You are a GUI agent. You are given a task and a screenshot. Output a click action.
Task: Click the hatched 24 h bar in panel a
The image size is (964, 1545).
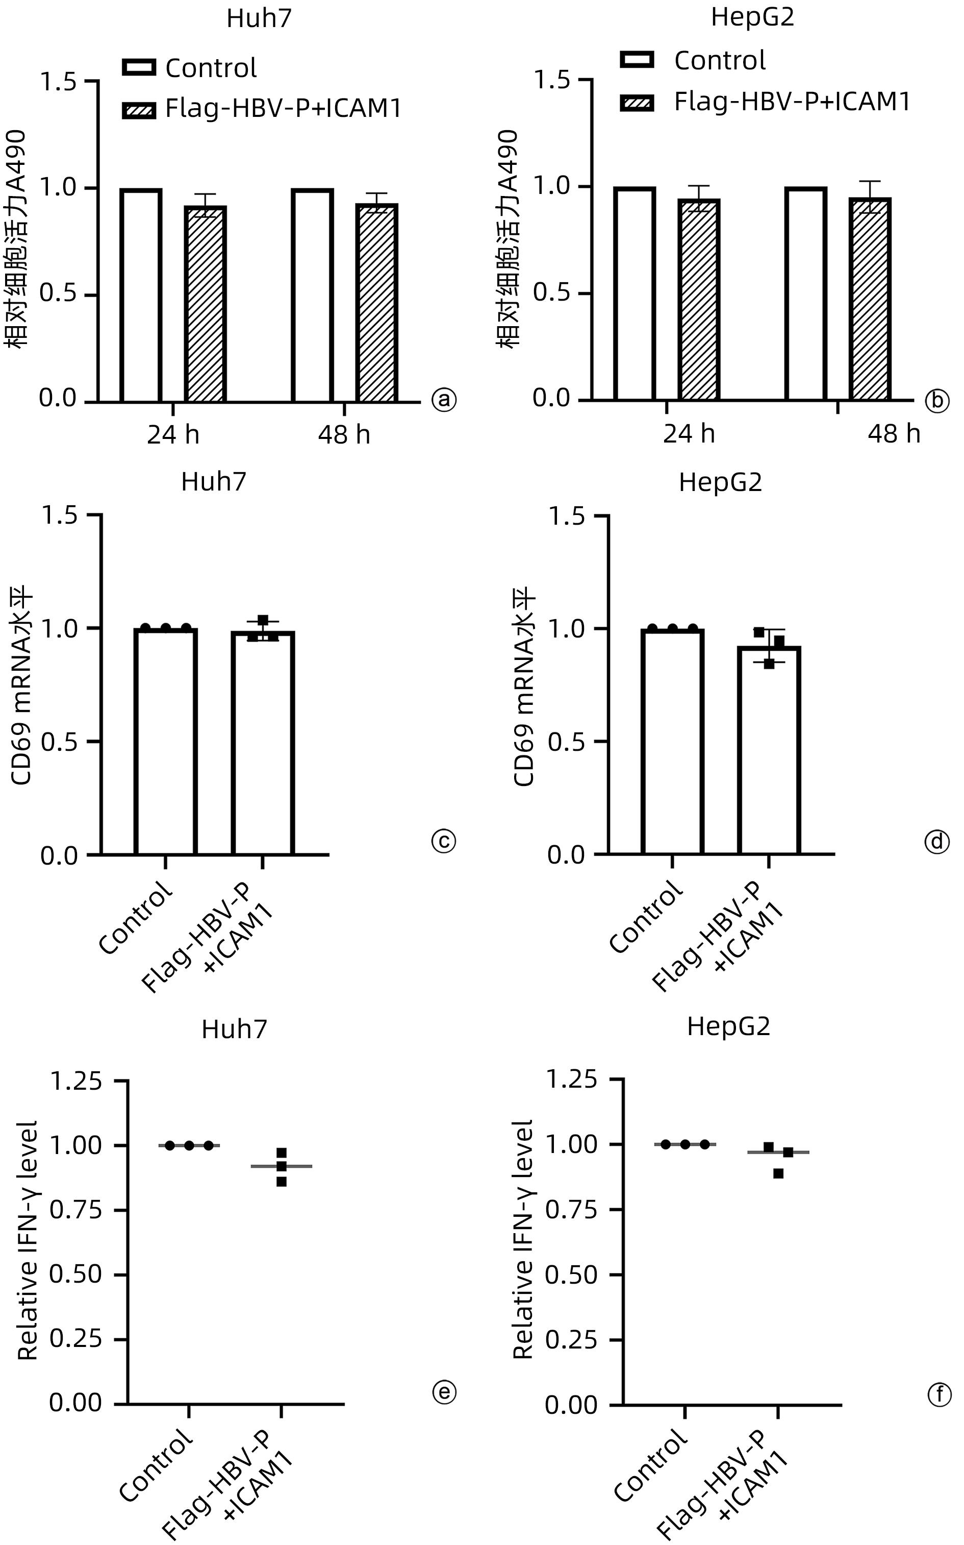pyautogui.click(x=205, y=304)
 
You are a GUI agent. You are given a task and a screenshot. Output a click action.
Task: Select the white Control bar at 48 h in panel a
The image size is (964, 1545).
pyautogui.click(x=312, y=296)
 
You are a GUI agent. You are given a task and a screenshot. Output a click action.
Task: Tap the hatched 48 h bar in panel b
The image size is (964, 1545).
pyautogui.click(x=870, y=299)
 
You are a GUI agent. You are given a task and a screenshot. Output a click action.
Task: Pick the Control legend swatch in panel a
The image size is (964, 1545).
pyautogui.click(x=139, y=67)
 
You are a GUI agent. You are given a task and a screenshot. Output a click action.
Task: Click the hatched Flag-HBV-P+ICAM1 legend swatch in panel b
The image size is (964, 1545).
pyautogui.click(x=637, y=102)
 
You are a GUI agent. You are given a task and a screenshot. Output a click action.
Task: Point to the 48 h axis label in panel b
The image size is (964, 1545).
pyautogui.click(x=894, y=434)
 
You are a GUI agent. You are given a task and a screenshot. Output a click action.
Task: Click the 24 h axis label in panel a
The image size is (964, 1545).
pyautogui.click(x=173, y=434)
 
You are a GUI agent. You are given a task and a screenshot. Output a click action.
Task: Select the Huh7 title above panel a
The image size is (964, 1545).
pyautogui.click(x=259, y=18)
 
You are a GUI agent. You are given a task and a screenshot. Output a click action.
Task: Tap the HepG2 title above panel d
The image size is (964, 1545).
pyautogui.click(x=720, y=482)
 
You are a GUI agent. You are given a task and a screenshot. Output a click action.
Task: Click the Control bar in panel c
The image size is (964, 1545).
pyautogui.click(x=166, y=741)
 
